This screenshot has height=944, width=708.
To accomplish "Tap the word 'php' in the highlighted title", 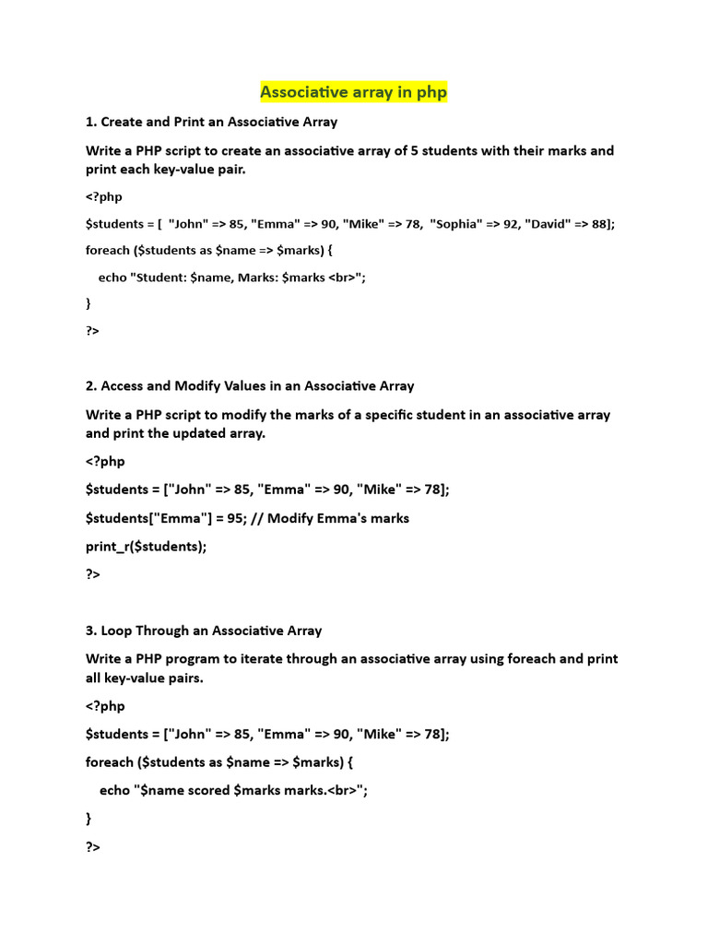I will [432, 92].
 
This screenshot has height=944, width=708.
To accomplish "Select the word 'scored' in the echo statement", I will [207, 790].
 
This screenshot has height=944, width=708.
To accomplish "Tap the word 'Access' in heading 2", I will [123, 386].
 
